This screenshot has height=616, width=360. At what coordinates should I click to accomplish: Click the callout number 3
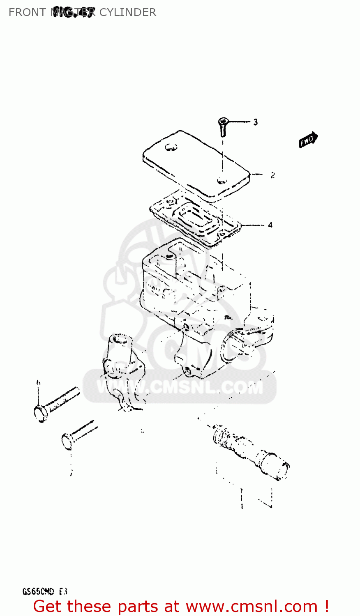click(255, 122)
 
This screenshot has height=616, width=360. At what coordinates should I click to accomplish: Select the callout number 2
click(272, 175)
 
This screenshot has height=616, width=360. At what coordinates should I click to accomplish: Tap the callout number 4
click(270, 225)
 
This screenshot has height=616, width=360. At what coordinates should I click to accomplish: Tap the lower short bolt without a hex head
click(78, 434)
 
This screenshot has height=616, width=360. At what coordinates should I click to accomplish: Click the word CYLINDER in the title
click(128, 12)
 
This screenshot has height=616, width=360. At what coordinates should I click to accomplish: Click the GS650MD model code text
click(38, 592)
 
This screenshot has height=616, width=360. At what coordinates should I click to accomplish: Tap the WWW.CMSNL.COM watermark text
click(180, 387)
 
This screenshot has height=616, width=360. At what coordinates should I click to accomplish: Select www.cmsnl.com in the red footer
click(252, 607)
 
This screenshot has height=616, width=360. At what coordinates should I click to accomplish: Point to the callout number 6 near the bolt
click(38, 383)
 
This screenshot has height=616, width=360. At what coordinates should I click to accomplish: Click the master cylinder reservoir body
click(193, 287)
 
